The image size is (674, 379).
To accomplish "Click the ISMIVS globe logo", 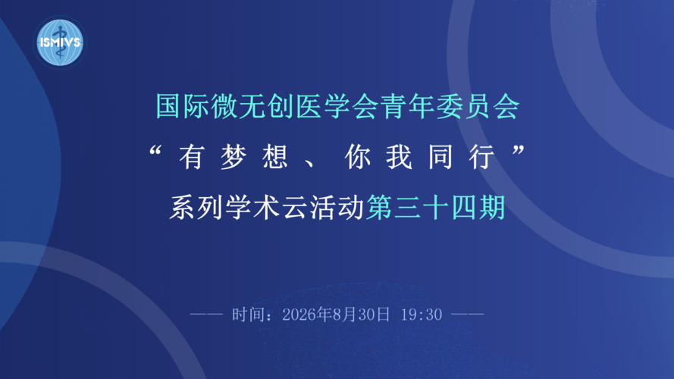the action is (60, 42).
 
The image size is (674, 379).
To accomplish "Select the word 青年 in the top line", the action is (407, 106).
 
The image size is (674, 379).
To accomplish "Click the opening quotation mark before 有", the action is (155, 151).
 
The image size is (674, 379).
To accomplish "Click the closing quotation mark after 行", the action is (519, 151).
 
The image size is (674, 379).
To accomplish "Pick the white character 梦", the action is (233, 157).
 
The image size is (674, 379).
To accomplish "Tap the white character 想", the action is (274, 157).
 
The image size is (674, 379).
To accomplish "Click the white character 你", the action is (358, 157).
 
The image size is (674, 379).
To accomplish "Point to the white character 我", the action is (400, 157).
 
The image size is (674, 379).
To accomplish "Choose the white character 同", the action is (441, 157).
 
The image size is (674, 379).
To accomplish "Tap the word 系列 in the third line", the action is (196, 208).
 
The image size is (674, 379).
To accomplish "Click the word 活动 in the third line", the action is (337, 208).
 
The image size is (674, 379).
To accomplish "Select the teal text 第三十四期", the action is (435, 208).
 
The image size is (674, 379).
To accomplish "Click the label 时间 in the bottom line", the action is (248, 315).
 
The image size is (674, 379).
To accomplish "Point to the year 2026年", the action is (306, 315).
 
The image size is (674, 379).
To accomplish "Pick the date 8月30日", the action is (361, 315).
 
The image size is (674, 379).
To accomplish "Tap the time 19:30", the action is (422, 315).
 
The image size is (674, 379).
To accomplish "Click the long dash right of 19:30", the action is (468, 315).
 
